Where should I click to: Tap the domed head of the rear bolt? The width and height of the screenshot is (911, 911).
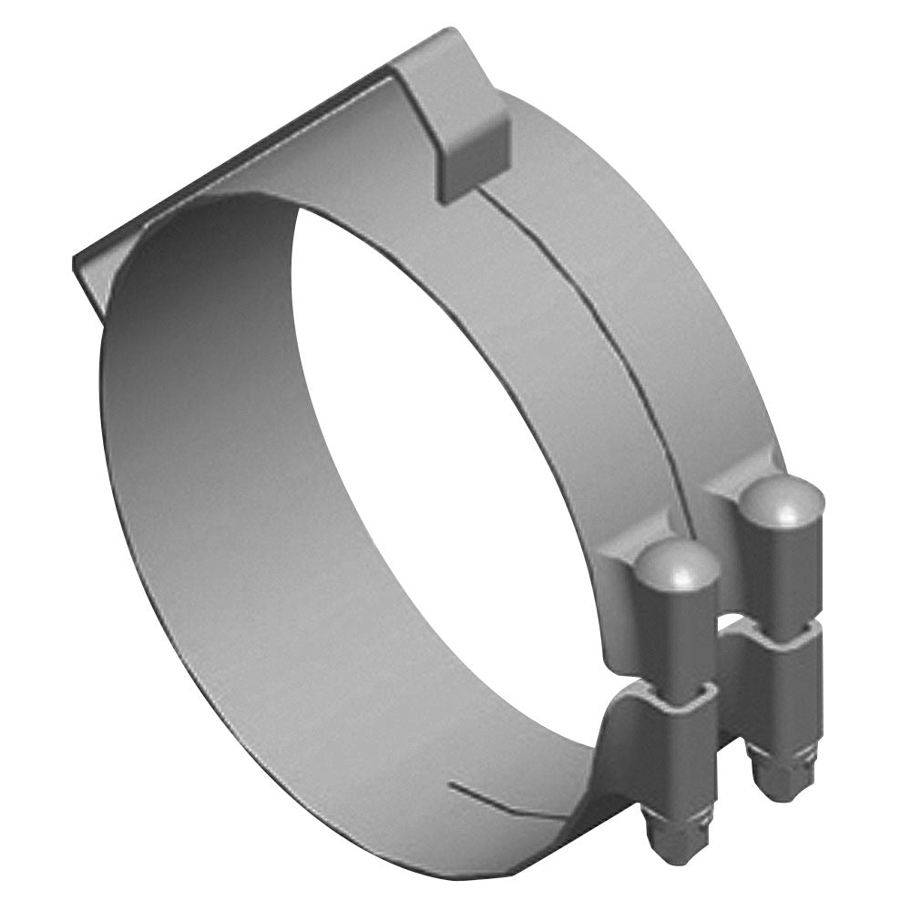[x=782, y=500]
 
